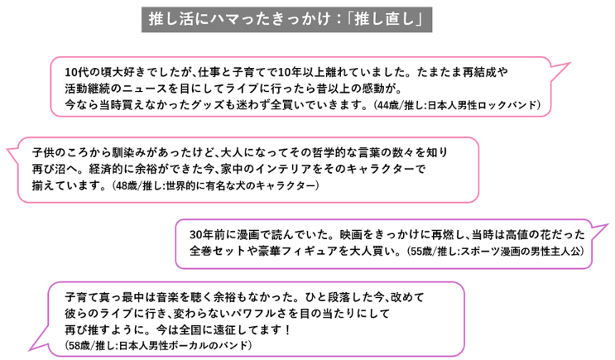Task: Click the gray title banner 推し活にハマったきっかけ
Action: click(286, 20)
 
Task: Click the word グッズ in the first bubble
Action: click(208, 105)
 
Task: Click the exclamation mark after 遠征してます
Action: click(288, 329)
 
